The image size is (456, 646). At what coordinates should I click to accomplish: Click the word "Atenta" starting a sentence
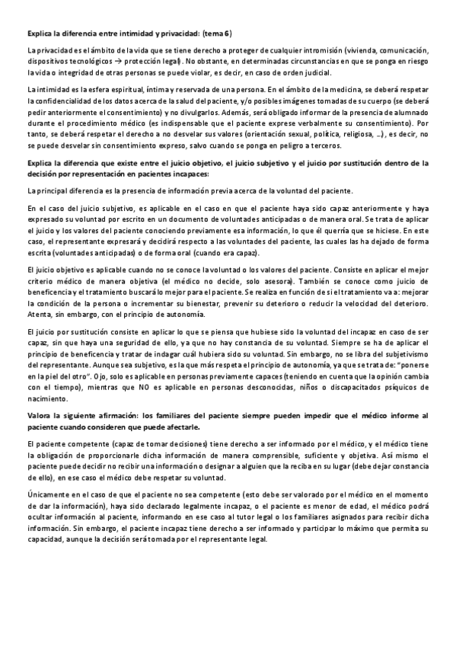pyautogui.click(x=38, y=315)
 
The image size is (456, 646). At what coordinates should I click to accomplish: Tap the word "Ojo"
pyautogui.click(x=110, y=374)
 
